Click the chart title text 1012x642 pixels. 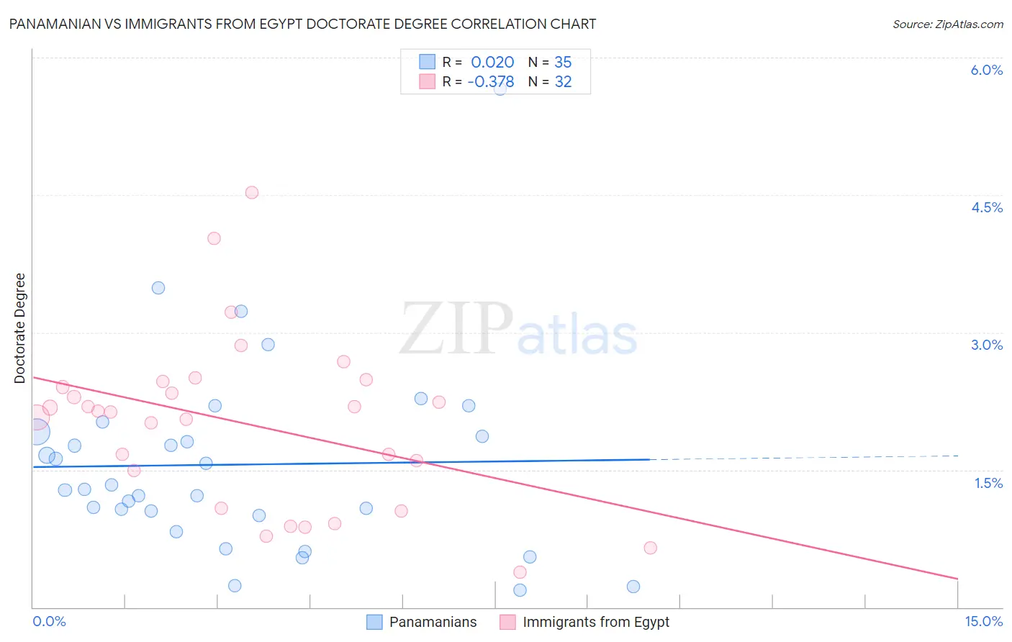pos(302,24)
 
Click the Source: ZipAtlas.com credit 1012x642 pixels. pos(947,24)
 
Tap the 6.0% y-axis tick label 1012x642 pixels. pos(986,70)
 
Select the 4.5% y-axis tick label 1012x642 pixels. pos(986,207)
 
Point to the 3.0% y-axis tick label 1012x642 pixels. pos(986,345)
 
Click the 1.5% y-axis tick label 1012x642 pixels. pos(988,483)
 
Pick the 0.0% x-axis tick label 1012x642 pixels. pos(49,621)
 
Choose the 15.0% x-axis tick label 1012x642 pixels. pos(983,621)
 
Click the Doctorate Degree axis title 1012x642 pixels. pos(20,328)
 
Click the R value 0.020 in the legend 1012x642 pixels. pos(492,63)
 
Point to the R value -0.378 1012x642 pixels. pos(491,82)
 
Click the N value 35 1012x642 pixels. pos(563,63)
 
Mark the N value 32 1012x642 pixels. pos(563,82)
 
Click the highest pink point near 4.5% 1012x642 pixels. pos(251,192)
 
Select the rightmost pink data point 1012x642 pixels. pos(650,548)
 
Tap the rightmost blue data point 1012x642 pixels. pos(633,587)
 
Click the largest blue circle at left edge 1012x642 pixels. pos(37,432)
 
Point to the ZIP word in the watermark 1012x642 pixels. pos(456,329)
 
